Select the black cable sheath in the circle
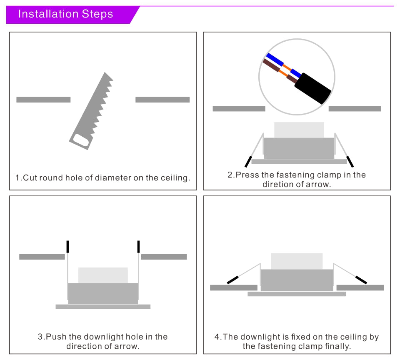click(x=312, y=88)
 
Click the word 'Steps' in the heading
click(x=97, y=14)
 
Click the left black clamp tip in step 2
click(x=249, y=161)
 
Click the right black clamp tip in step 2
click(x=350, y=161)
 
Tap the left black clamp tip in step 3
click(x=67, y=247)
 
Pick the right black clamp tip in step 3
click(x=138, y=247)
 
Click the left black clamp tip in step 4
click(x=232, y=280)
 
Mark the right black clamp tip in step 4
click(x=361, y=280)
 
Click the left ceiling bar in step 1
click(x=43, y=100)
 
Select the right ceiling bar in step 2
click(x=355, y=109)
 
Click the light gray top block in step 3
click(x=103, y=275)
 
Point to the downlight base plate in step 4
click(x=297, y=294)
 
